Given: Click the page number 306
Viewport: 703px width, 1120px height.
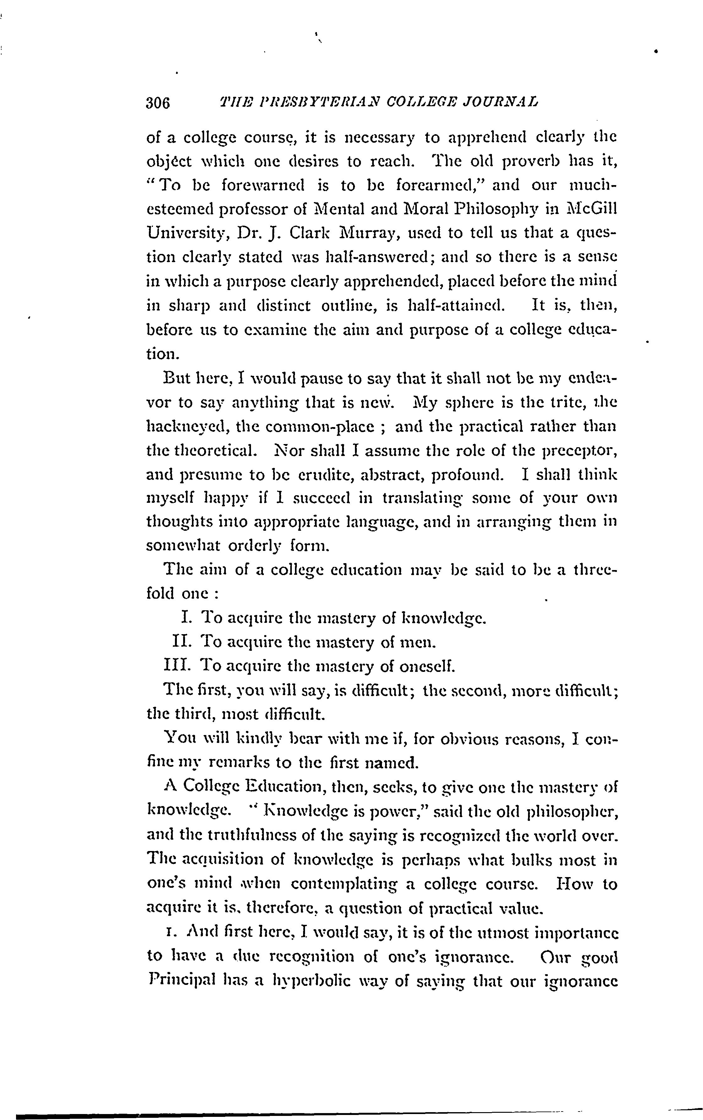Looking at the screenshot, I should point(158,103).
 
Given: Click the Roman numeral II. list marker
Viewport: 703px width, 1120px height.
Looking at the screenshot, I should point(181,642).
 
